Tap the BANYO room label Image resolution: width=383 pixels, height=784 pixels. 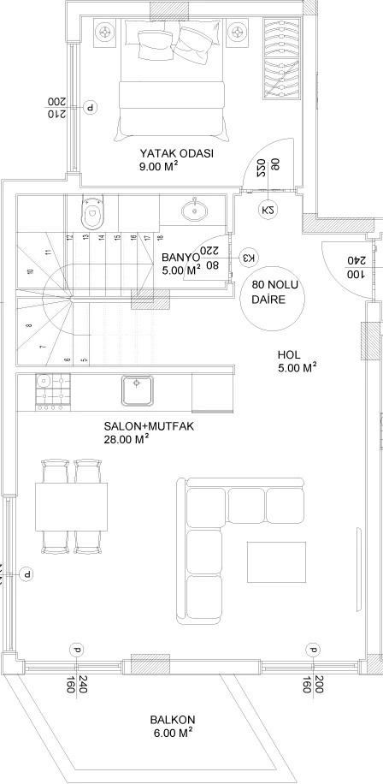pos(180,255)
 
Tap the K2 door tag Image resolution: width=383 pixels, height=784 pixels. pos(267,211)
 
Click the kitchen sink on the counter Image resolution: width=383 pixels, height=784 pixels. pos(137,390)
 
